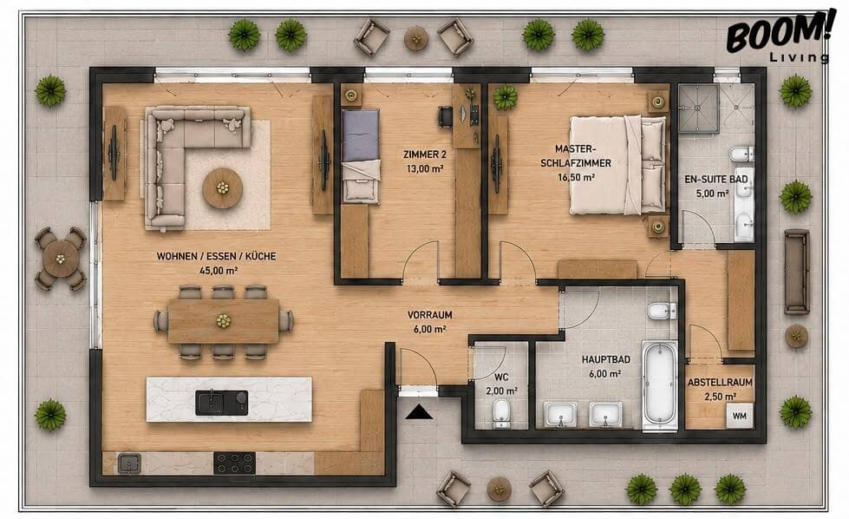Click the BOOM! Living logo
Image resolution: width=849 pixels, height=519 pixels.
point(778,36)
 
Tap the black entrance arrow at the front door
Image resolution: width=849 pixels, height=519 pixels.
point(420,413)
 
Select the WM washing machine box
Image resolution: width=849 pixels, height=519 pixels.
point(740,416)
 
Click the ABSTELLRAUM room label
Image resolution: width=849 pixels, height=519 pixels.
point(720,382)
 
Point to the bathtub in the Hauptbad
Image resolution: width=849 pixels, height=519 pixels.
point(660,384)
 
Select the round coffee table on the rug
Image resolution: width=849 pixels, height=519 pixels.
point(223,188)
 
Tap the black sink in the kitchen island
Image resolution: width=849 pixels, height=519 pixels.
point(221,403)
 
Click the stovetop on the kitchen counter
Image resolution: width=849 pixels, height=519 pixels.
point(234,463)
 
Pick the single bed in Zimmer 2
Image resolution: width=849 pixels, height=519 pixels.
point(361,156)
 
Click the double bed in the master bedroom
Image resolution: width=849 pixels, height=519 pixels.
point(617,165)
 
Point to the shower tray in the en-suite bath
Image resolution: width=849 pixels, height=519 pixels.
point(698,108)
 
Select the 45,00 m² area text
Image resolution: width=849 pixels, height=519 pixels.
point(219,270)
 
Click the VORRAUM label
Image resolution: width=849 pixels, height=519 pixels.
point(430,315)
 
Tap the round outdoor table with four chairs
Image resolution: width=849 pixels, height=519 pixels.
point(61,259)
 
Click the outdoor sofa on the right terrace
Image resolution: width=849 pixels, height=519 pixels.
point(797,272)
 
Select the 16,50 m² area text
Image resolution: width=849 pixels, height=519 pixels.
point(577,177)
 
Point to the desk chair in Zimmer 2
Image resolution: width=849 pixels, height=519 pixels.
point(445,116)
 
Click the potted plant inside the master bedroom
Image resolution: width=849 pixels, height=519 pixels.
point(506,97)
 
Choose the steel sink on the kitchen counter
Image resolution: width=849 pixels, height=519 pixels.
point(129,463)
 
